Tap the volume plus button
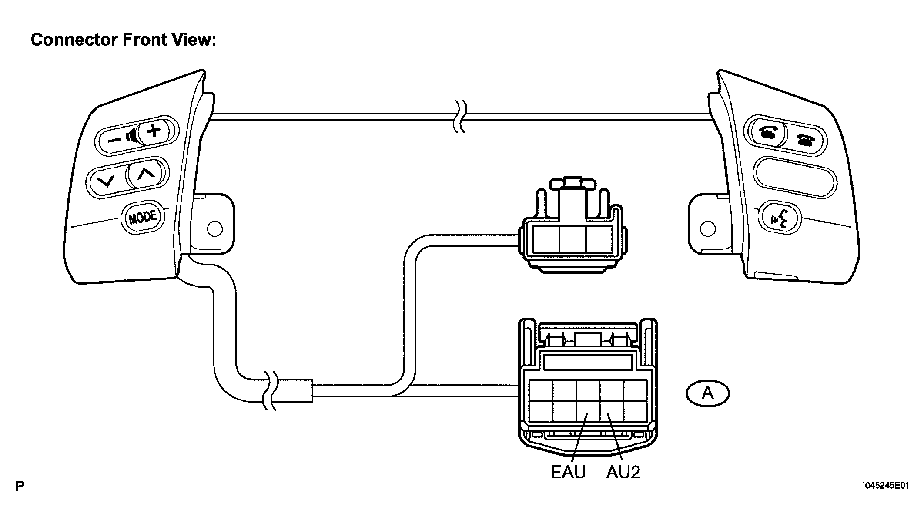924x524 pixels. point(153,131)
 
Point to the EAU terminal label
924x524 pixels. point(568,472)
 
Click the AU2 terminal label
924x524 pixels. point(623,472)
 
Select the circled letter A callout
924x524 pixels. point(707,393)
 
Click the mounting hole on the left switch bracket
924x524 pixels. point(214,228)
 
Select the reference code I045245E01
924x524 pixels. point(885,485)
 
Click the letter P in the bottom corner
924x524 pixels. point(20,486)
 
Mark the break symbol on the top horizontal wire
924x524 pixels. point(460,116)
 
